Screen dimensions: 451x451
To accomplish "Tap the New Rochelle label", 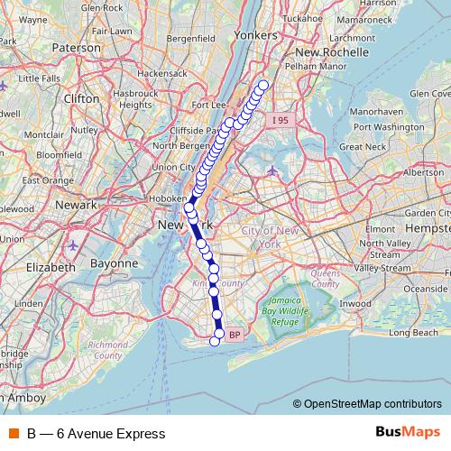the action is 333,53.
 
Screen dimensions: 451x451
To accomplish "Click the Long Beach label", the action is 412,333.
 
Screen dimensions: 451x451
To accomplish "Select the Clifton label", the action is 81,101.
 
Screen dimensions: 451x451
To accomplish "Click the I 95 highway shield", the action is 281,118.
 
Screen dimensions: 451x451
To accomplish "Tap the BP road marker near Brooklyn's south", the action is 234,335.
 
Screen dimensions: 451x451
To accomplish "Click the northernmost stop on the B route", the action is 263,86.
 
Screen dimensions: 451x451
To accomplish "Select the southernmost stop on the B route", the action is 215,340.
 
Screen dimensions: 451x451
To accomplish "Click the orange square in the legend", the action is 14,434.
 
